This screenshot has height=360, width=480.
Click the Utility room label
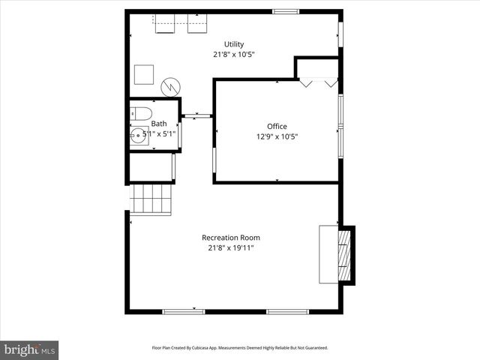coord(234,44)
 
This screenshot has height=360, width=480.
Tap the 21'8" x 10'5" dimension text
coord(234,54)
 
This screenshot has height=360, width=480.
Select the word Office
coord(277,126)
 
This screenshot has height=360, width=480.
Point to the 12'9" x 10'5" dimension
coord(277,136)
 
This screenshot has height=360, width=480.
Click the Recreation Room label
coord(234,238)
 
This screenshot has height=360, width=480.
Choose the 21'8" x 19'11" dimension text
coord(234,248)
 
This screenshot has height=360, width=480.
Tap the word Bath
coord(159,124)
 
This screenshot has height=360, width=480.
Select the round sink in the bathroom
coord(138,136)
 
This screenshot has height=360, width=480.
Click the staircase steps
coord(151,199)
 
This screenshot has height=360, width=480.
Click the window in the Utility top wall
coord(284,11)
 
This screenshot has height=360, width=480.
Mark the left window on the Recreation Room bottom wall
coord(183,310)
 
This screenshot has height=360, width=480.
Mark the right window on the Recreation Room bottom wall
coord(287,310)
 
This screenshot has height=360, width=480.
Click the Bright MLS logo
coord(29,349)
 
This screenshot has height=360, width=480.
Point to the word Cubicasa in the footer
coord(204,348)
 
